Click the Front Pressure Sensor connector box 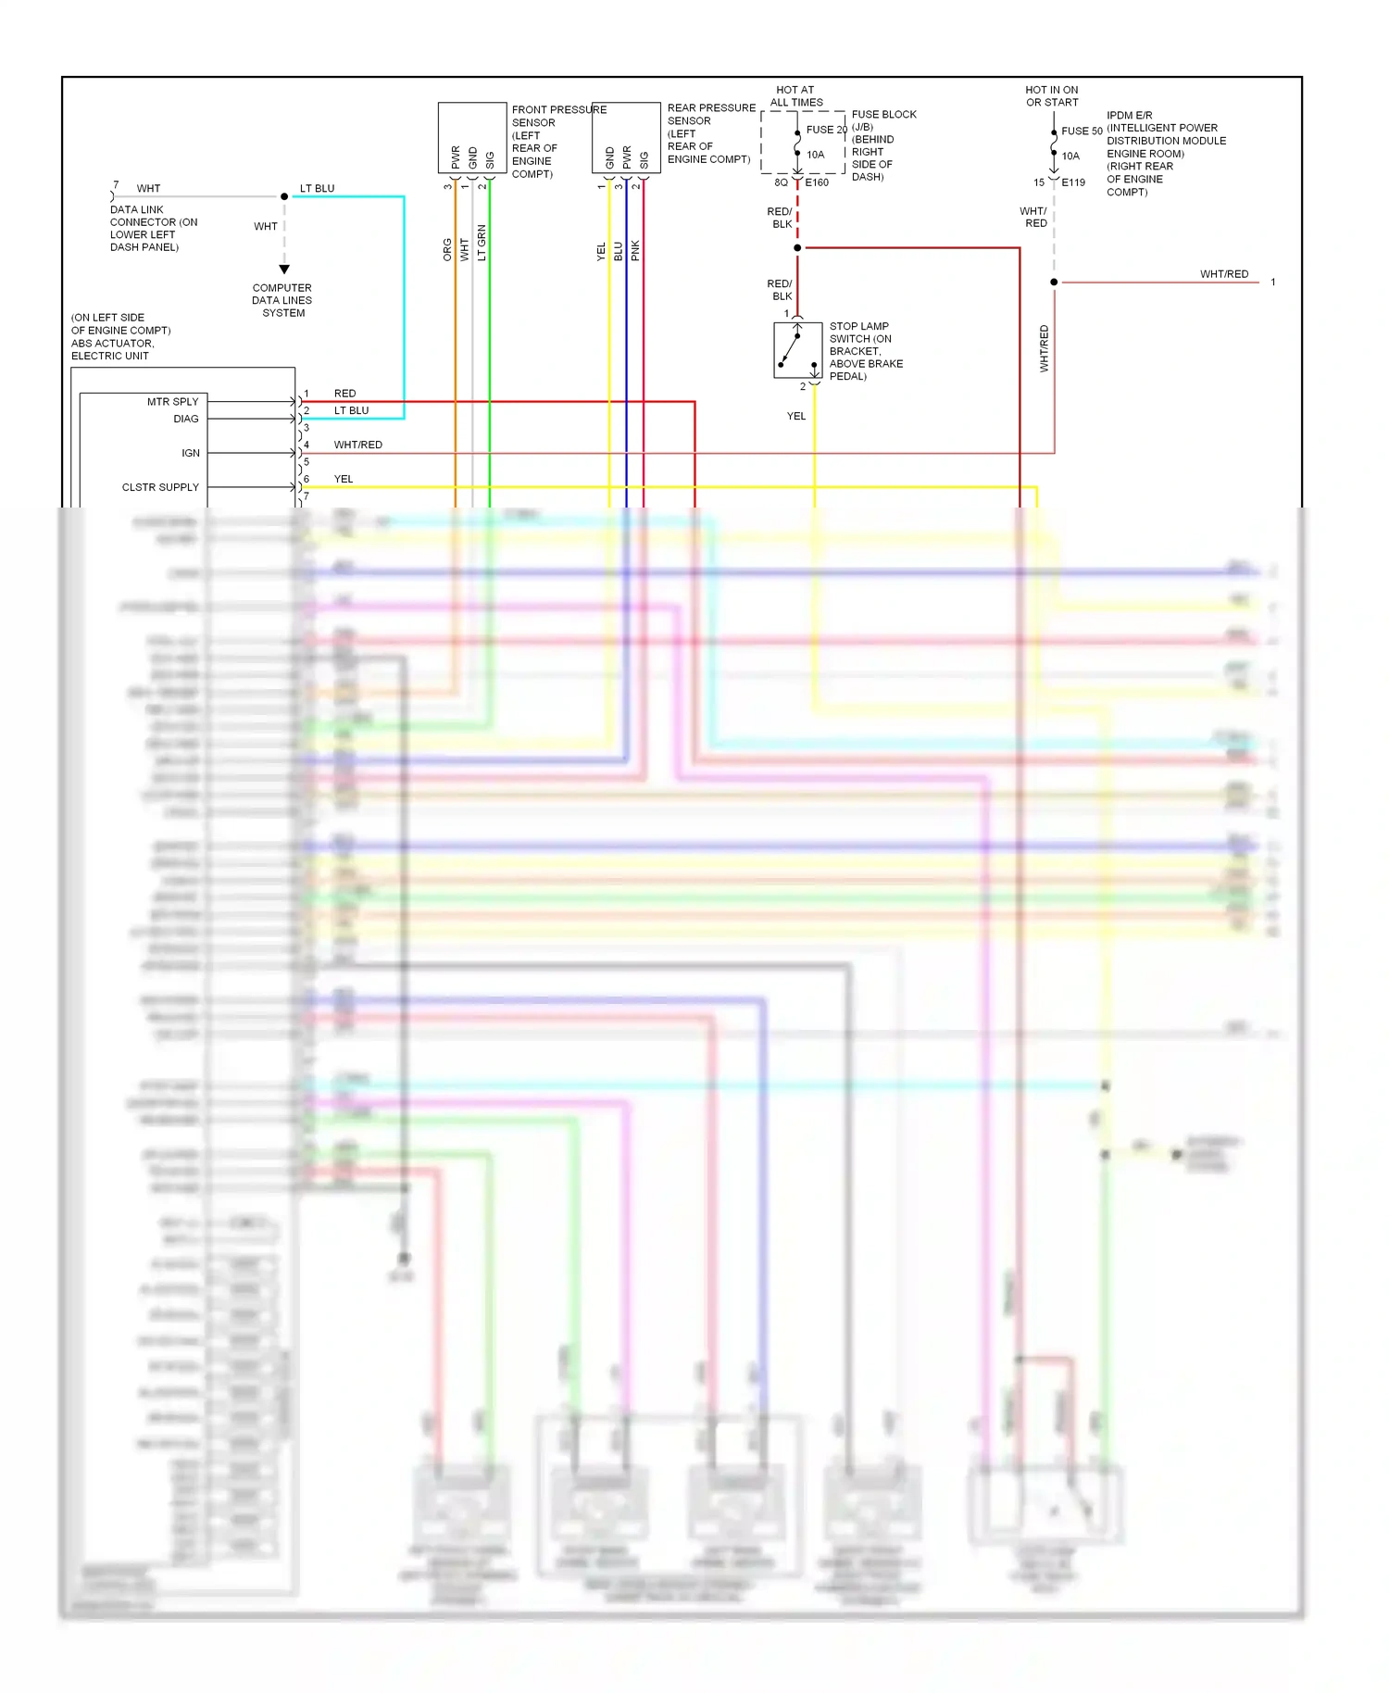(x=471, y=137)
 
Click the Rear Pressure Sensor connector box (x=626, y=137)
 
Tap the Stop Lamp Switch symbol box (x=797, y=349)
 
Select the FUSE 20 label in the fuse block (x=826, y=130)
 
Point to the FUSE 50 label (x=1082, y=132)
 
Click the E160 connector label (x=817, y=182)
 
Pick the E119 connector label (x=1073, y=182)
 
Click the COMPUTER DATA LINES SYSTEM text (x=282, y=300)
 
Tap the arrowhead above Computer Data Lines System (x=284, y=270)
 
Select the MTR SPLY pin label (x=172, y=402)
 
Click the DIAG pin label (x=185, y=419)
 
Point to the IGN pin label (x=190, y=453)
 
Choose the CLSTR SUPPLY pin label (x=160, y=487)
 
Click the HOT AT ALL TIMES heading (x=796, y=96)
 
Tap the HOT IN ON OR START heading (x=1052, y=96)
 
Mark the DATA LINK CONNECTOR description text (x=153, y=228)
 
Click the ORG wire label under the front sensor (x=447, y=249)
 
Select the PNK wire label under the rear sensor (x=635, y=250)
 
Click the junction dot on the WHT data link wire (x=284, y=196)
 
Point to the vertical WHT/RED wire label (x=1044, y=348)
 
